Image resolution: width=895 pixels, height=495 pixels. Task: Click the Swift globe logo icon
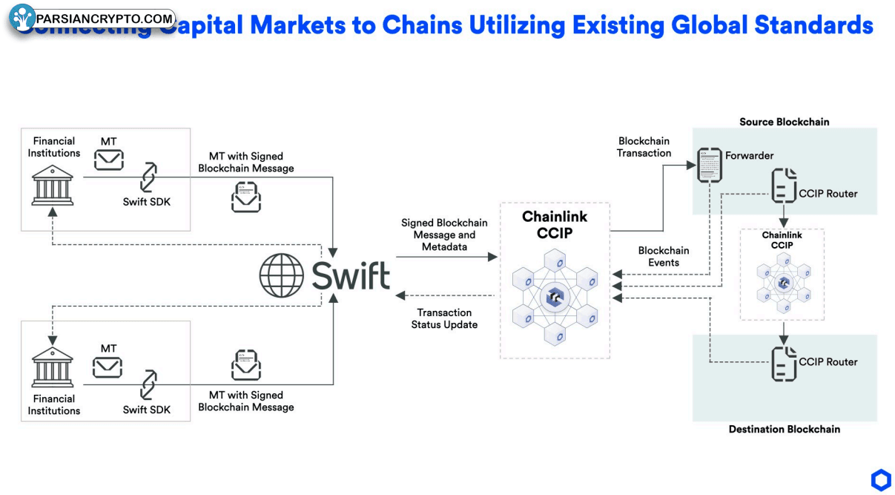click(281, 275)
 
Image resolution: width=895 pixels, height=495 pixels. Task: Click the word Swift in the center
click(350, 276)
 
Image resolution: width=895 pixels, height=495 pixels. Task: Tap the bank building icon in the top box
click(53, 185)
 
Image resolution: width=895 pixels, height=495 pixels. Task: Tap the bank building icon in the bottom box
click(53, 367)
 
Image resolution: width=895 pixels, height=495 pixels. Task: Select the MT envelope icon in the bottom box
click(108, 367)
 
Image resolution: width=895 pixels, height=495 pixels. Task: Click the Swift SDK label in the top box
click(146, 201)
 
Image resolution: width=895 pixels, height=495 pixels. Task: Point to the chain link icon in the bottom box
click(149, 384)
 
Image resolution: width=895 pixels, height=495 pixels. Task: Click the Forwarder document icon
click(710, 165)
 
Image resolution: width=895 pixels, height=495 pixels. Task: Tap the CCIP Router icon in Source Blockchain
click(783, 185)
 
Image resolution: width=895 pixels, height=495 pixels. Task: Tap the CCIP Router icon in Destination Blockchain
click(783, 363)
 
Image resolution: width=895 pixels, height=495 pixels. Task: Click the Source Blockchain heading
click(784, 122)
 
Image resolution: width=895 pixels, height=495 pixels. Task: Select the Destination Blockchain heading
click(784, 429)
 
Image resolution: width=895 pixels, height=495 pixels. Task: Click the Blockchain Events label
click(664, 256)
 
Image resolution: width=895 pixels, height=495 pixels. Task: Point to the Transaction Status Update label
click(444, 318)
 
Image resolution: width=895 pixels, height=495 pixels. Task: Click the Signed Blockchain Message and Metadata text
click(444, 235)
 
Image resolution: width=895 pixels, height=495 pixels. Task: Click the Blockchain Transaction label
click(644, 147)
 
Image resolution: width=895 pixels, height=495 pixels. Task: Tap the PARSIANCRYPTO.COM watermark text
click(105, 19)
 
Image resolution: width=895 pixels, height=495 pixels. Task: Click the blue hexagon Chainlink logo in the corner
click(881, 480)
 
